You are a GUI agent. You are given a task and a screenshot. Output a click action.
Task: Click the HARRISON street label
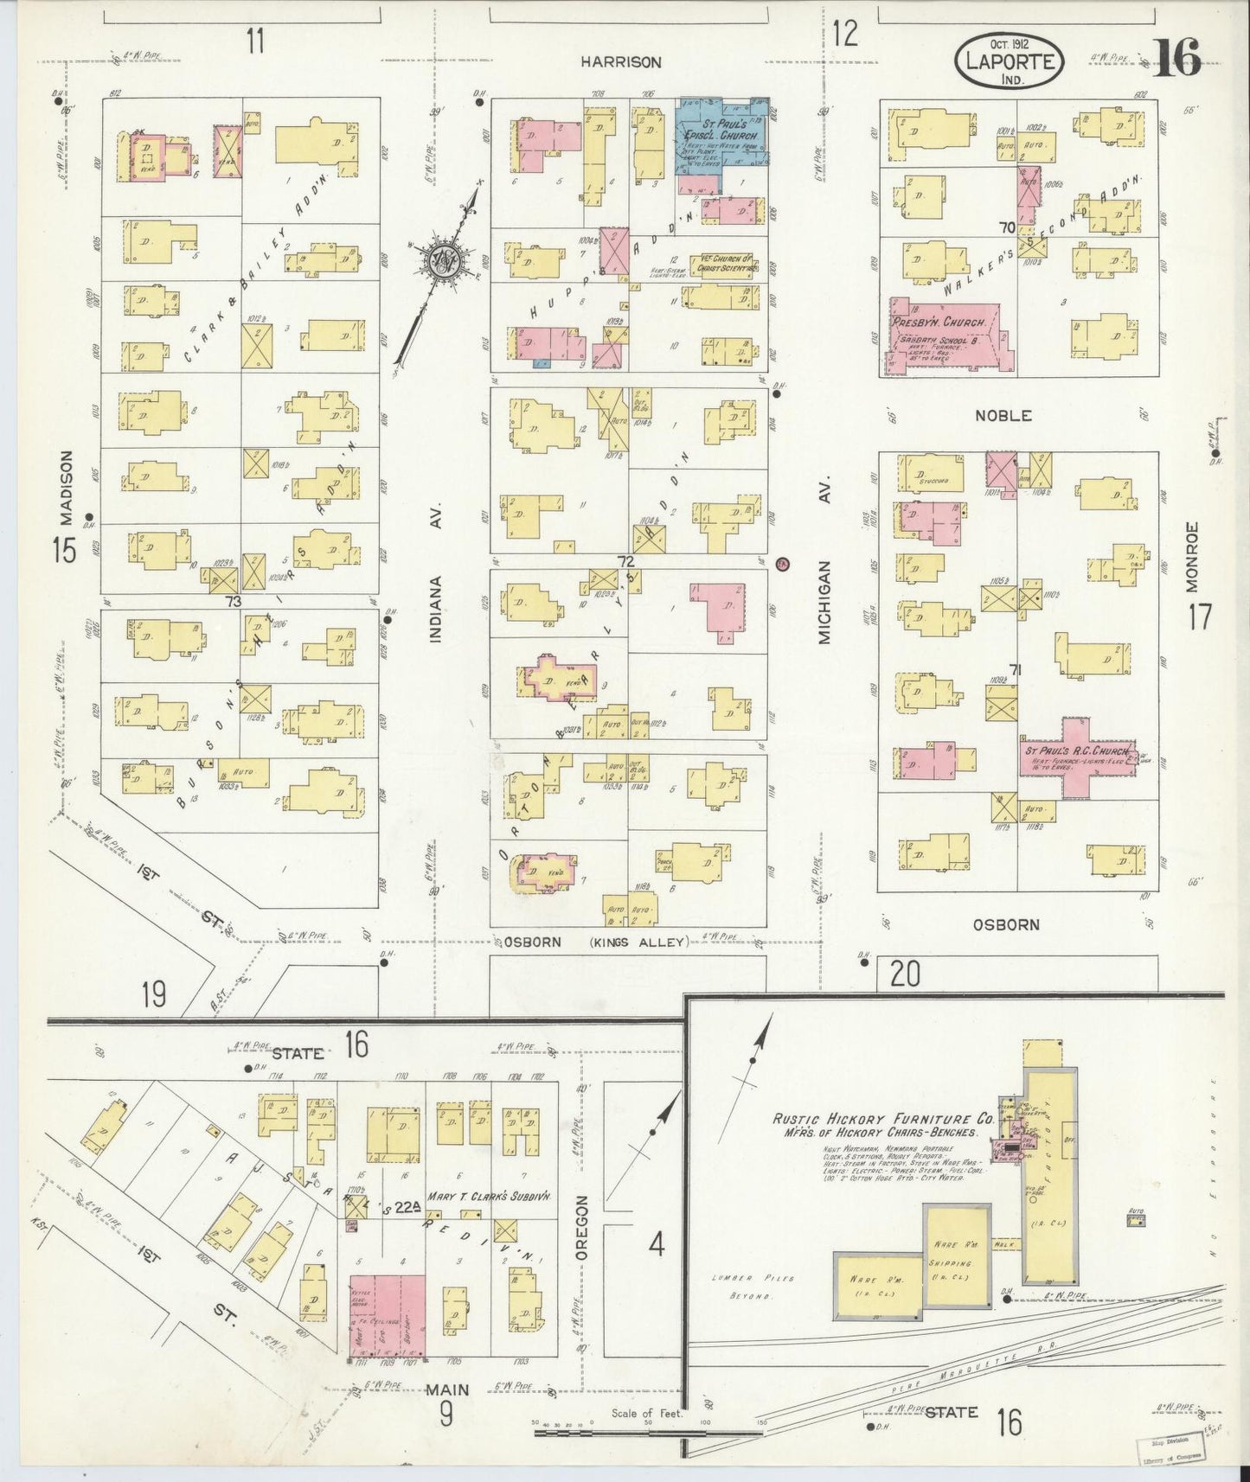620,62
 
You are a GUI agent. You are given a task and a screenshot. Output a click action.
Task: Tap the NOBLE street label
1003,416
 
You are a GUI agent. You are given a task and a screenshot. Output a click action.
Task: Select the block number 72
625,561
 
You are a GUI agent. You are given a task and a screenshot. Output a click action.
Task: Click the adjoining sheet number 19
153,994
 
